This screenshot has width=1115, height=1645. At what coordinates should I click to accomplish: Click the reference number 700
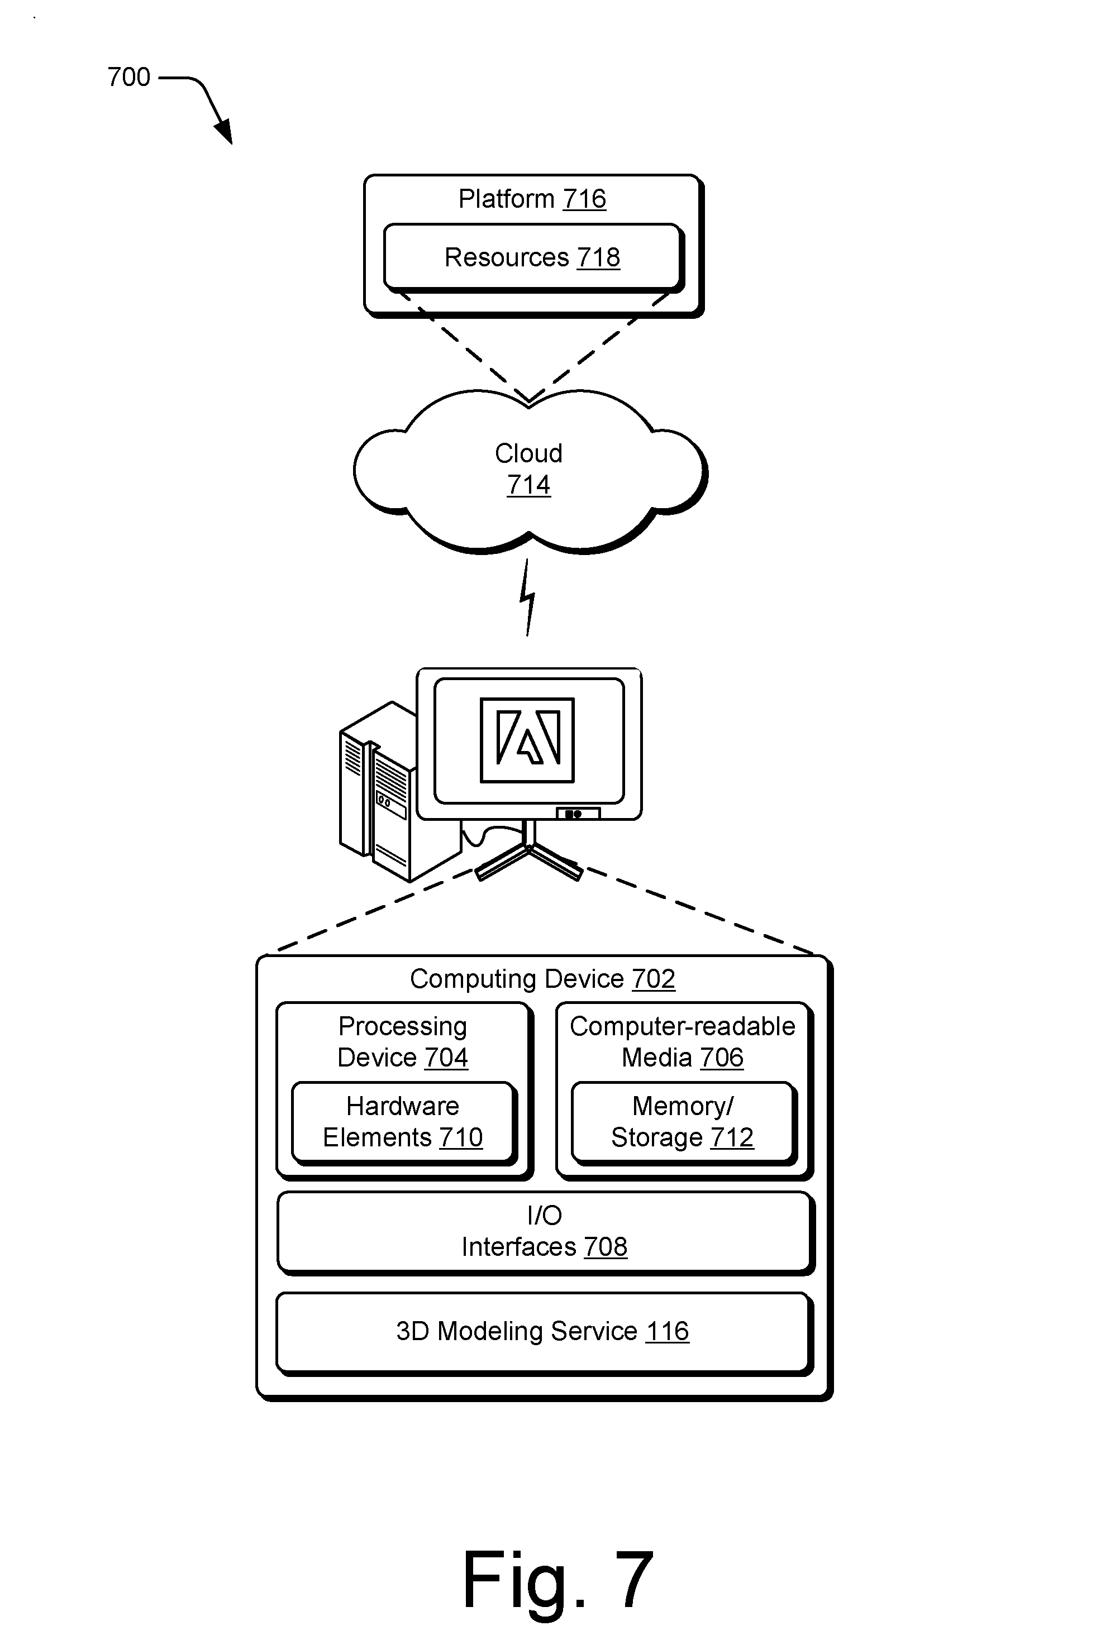[129, 76]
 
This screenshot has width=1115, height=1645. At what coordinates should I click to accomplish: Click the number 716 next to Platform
[585, 199]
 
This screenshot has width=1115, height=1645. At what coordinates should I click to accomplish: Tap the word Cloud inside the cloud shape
[528, 453]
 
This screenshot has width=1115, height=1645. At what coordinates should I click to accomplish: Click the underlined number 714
[528, 485]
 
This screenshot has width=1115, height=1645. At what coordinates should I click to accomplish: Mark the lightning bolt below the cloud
[527, 597]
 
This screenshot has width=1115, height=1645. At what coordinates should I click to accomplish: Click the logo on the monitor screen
[527, 740]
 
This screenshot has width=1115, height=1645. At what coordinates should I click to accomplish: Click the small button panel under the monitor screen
[578, 814]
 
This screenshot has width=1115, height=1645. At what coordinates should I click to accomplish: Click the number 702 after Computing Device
[654, 979]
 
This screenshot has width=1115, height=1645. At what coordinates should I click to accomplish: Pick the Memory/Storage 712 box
[684, 1122]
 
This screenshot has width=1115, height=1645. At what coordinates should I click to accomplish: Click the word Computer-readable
[683, 1026]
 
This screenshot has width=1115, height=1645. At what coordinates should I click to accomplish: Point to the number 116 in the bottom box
[668, 1331]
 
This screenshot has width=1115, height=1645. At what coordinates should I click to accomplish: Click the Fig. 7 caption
[558, 1580]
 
